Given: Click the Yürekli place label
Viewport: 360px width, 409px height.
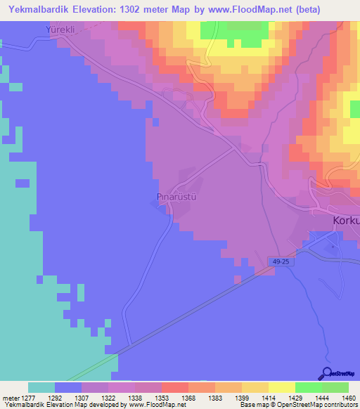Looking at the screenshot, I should (x=59, y=30).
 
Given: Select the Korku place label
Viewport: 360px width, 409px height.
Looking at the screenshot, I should (x=345, y=221).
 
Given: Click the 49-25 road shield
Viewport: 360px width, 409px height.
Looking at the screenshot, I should (x=280, y=261).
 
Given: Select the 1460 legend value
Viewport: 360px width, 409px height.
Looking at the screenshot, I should (x=340, y=397).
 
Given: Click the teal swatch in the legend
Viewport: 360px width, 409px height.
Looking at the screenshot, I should (x=41, y=387).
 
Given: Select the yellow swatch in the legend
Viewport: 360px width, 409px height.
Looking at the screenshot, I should (x=282, y=387).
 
